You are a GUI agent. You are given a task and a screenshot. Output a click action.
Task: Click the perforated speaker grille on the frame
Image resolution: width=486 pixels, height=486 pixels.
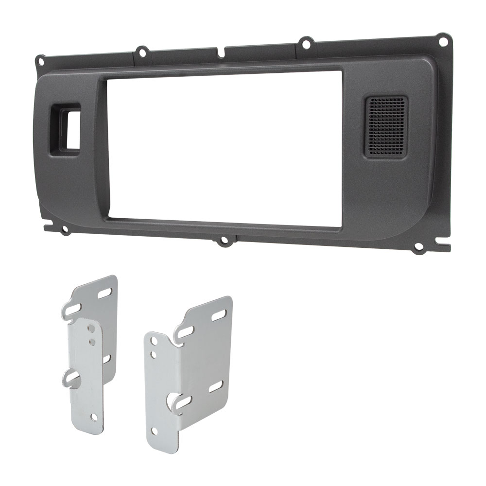(385, 126)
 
